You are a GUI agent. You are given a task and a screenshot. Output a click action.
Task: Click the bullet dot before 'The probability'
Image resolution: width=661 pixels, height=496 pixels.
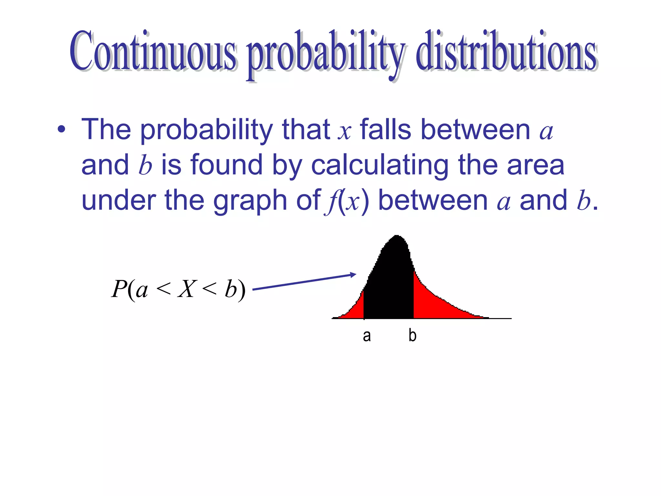pos(61,130)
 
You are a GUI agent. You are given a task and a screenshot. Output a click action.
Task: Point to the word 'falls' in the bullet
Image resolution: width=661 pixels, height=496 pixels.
pos(385,130)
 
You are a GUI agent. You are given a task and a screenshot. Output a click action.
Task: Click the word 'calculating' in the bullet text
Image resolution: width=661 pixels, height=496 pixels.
pos(380,165)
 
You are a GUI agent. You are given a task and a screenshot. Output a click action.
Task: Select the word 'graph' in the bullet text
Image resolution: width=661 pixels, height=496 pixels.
pos(250,201)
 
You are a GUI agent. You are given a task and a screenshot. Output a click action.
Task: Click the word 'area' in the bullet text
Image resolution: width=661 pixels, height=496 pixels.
pos(535,165)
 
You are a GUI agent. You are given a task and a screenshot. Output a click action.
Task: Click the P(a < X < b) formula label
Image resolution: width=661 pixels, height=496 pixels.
pos(178,289)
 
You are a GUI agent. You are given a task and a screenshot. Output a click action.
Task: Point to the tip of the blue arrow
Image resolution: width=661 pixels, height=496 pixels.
pos(355,274)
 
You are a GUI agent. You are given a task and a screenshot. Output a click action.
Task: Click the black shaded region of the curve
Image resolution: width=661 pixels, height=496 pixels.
pos(389,284)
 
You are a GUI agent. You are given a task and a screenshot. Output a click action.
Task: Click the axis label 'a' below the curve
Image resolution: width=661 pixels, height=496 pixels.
pos(367,336)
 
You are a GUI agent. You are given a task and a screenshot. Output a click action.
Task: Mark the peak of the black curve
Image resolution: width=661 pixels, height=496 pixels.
pos(397,236)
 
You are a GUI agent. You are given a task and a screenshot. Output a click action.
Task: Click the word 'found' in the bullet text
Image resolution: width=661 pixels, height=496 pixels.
pos(227,165)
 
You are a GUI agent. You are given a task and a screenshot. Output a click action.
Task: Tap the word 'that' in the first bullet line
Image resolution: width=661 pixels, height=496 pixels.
pos(306,130)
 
